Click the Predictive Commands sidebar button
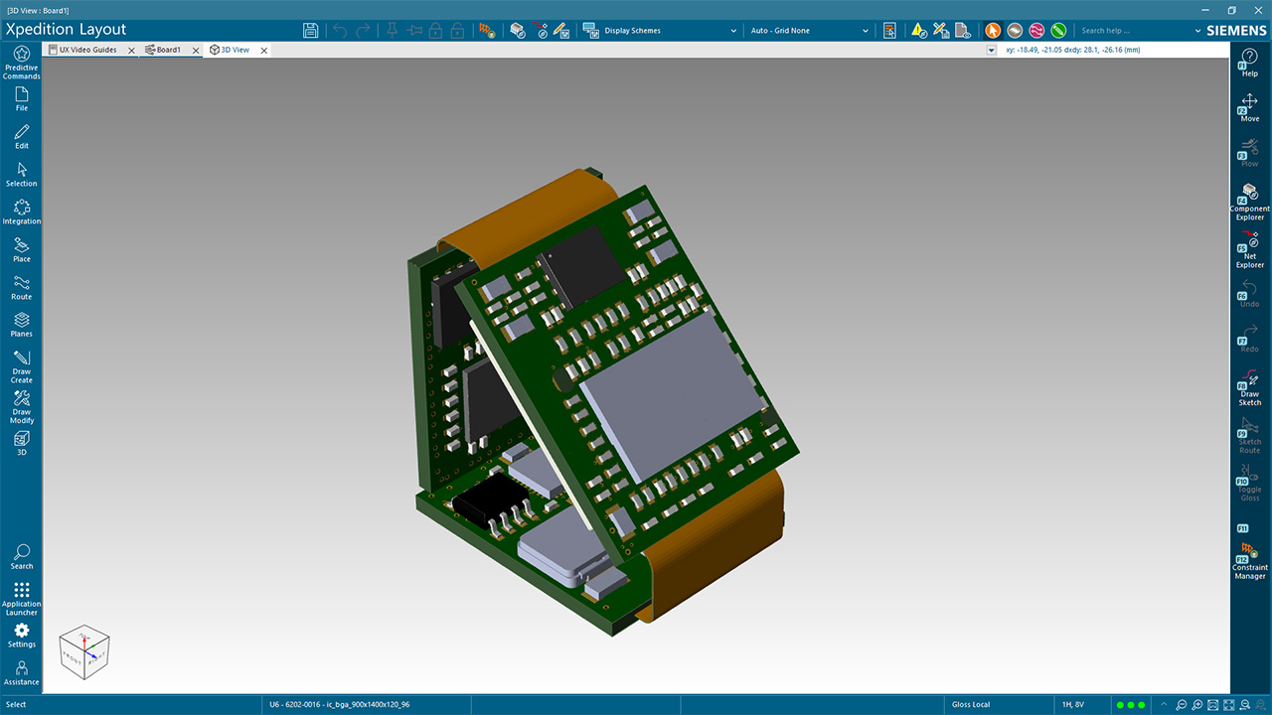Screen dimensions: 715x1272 click(x=21, y=62)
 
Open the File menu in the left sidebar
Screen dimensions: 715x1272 click(x=21, y=98)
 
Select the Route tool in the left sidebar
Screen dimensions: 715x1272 click(x=21, y=287)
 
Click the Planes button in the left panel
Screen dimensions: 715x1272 click(x=21, y=325)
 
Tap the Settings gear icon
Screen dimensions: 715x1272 click(x=21, y=635)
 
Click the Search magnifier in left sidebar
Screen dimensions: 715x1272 click(x=21, y=556)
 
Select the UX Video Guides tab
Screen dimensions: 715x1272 click(x=86, y=50)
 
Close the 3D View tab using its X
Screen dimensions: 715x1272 click(x=264, y=51)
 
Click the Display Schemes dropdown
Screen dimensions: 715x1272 click(x=660, y=31)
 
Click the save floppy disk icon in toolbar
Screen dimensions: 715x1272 click(x=310, y=31)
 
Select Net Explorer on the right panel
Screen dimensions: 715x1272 click(x=1249, y=248)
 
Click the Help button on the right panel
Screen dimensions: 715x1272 click(x=1249, y=64)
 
